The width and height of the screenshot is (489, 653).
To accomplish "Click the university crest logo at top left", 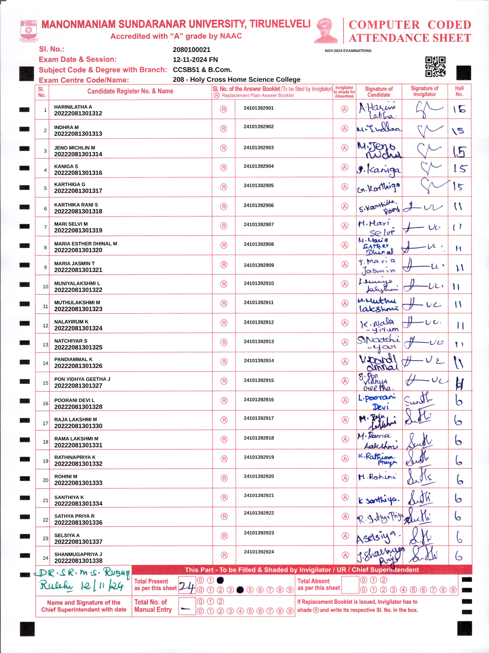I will [28, 30].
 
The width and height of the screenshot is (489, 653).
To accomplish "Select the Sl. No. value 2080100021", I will [191, 50].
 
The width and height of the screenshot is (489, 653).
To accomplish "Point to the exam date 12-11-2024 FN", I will [195, 60].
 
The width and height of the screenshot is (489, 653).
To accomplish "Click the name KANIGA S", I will [66, 166].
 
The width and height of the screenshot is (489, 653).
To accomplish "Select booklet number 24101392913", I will [259, 342].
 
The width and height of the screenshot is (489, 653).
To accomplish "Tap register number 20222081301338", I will [78, 561].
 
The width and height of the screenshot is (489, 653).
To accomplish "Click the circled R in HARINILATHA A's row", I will [224, 109].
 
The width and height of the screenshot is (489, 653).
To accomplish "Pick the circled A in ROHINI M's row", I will [345, 478].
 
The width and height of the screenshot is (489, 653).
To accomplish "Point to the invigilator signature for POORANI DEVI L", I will [419, 400].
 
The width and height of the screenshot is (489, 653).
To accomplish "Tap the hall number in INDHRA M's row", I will [459, 130].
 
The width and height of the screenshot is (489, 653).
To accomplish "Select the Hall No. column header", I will [459, 91].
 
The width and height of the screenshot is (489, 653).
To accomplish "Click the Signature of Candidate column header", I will [379, 92].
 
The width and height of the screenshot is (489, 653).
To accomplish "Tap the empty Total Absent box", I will [350, 585].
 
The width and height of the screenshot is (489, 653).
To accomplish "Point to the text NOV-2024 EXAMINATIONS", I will [348, 51].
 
